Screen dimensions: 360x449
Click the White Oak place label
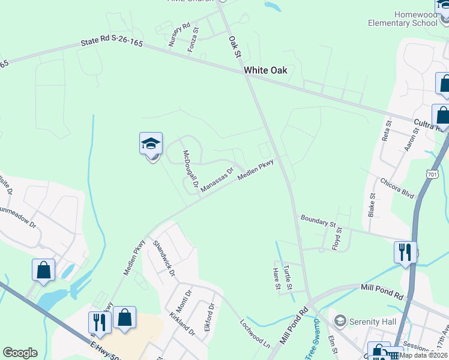click(x=265, y=70)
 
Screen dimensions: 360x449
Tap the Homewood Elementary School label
click(x=415, y=18)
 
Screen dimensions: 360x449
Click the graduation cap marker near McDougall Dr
click(x=151, y=144)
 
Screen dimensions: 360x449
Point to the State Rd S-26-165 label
click(x=113, y=44)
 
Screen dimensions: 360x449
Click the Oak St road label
click(x=234, y=47)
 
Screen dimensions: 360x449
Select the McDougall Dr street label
click(x=190, y=169)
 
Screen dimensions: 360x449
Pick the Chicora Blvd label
click(x=397, y=188)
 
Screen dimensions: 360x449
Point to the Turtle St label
click(x=289, y=276)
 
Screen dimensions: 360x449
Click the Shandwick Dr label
click(x=164, y=258)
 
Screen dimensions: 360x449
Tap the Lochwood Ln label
click(x=255, y=333)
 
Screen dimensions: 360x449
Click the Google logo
click(x=20, y=353)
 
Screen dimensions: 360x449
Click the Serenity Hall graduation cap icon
click(x=340, y=322)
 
